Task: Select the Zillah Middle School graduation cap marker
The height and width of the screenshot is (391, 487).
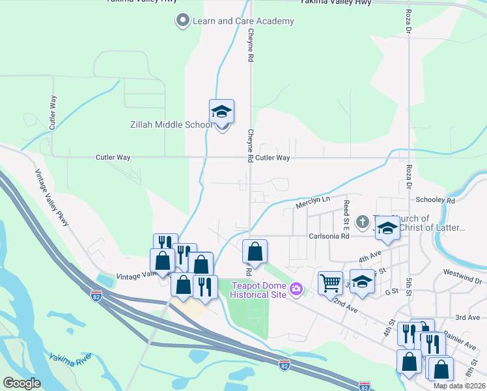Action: coord(221,112)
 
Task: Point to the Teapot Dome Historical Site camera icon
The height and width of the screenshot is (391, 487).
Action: coord(296,288)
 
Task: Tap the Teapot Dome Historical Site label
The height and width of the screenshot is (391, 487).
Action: coord(258,290)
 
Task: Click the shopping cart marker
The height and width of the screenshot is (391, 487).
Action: coord(330,283)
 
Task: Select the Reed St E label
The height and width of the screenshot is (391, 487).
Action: coord(347,214)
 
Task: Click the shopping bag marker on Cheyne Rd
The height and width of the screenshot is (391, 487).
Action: coord(255,252)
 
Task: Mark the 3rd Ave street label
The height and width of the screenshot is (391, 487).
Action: coord(467,317)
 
